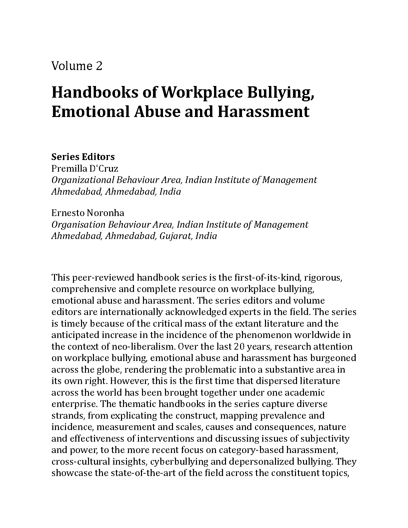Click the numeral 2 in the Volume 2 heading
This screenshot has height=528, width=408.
point(99,66)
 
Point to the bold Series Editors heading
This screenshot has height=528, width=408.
point(83,157)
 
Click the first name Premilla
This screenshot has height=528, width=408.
point(66,168)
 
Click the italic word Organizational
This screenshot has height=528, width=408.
point(82,180)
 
